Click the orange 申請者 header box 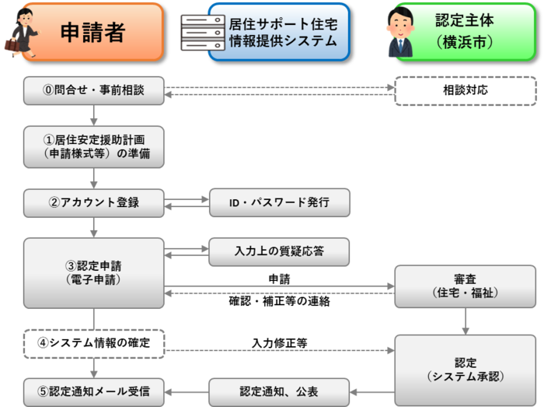93,31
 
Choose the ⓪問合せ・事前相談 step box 93,90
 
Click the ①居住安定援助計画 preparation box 93,146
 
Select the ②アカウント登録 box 93,202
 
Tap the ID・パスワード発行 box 279,202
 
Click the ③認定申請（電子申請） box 93,272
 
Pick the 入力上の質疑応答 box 279,251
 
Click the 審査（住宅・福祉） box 465,286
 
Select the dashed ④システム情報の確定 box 93,342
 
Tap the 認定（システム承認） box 465,369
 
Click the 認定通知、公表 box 279,391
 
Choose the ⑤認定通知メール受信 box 93,391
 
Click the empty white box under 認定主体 465,90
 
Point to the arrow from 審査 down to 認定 465,321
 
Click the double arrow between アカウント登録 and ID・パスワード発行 187,202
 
